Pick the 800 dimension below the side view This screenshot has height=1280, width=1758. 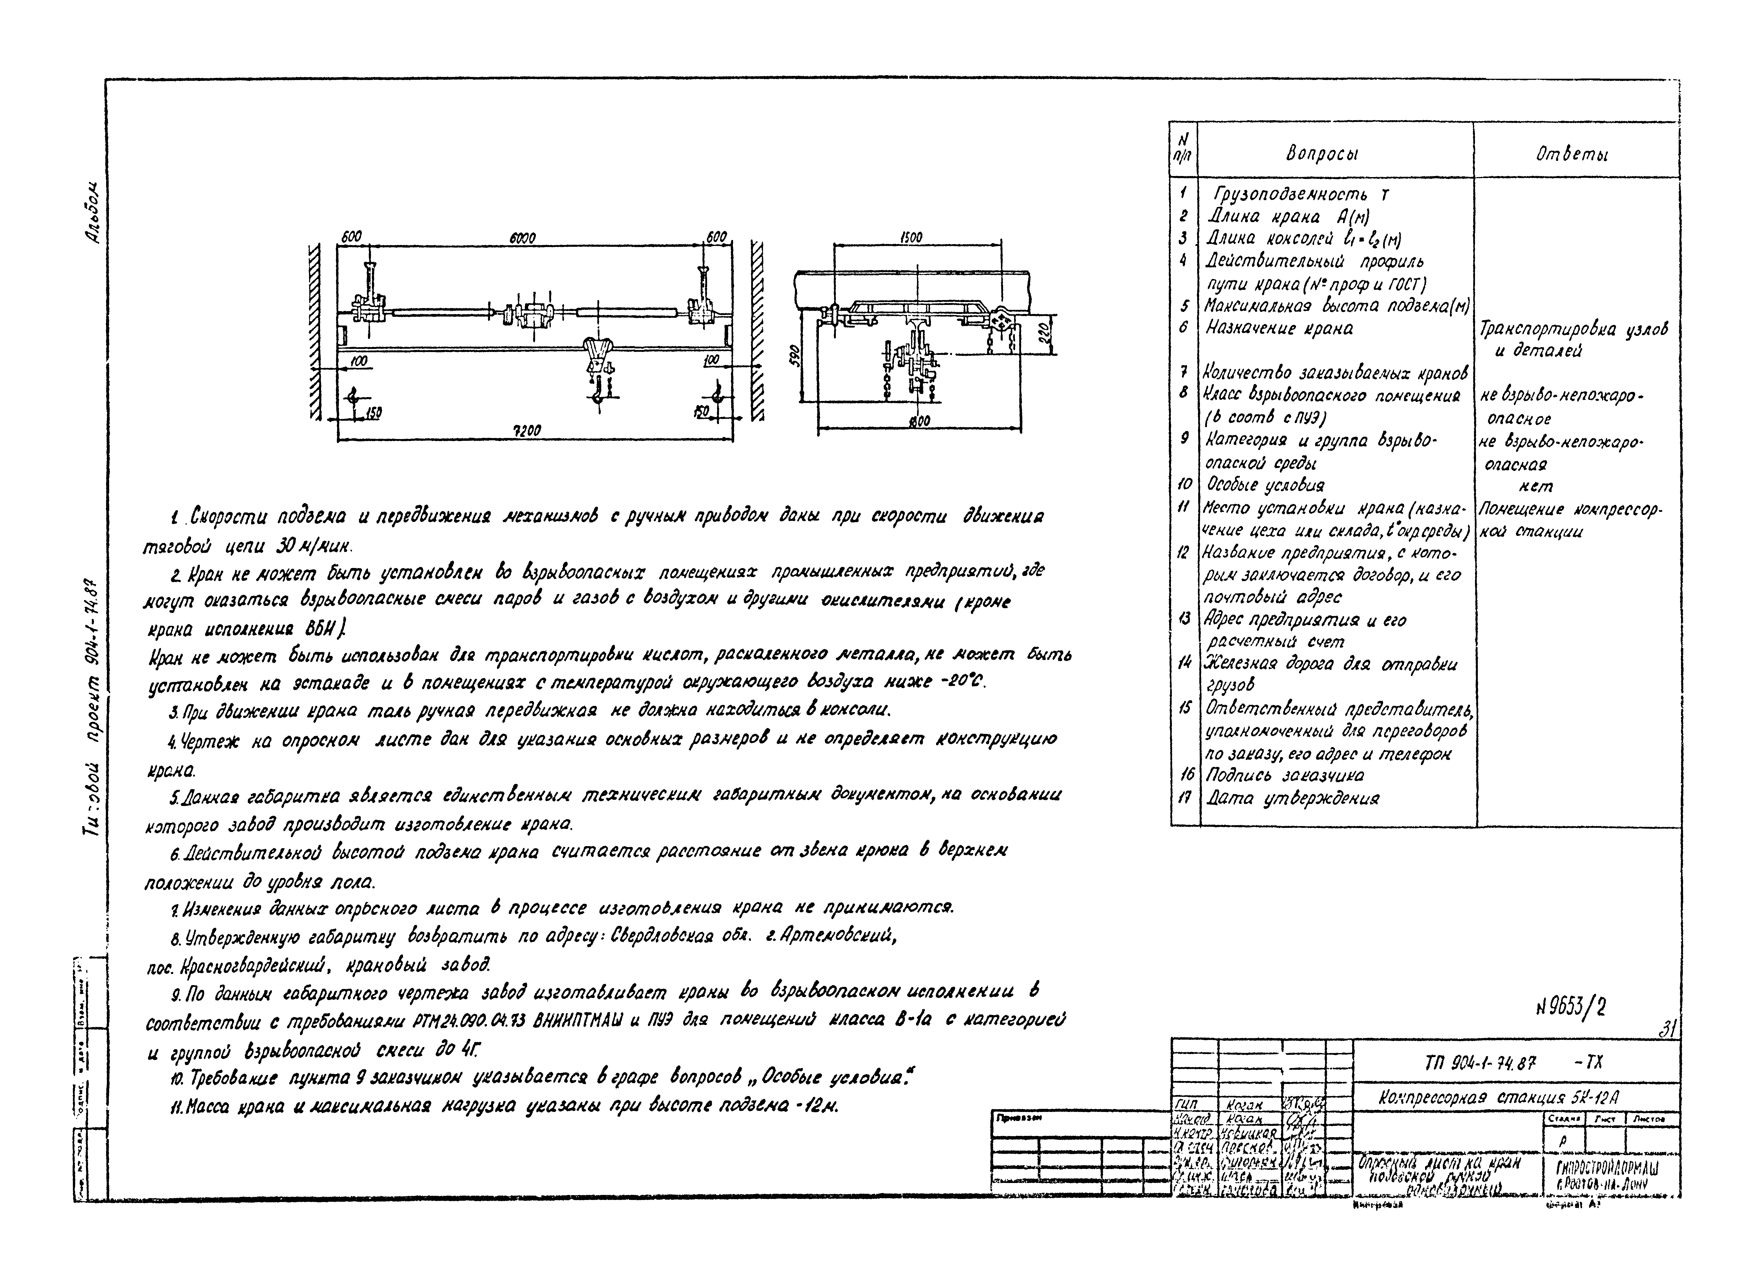[920, 422]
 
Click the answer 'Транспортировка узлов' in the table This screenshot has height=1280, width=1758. [1574, 329]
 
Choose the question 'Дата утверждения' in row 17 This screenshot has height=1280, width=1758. [1292, 798]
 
